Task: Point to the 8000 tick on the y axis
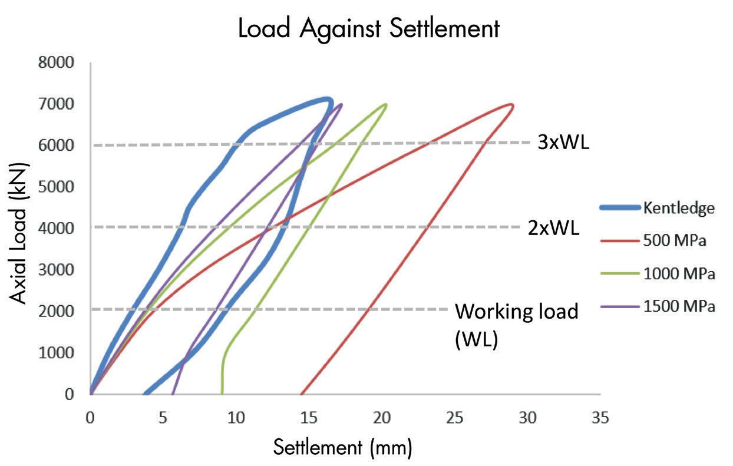[57, 62]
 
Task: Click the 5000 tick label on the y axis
[57, 187]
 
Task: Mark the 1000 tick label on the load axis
[57, 352]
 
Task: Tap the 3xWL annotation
[563, 143]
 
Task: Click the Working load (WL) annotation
[517, 324]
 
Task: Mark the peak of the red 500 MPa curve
[512, 105]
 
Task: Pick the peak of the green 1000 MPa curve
[385, 105]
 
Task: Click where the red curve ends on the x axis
[301, 394]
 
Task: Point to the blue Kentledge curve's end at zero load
[144, 393]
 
